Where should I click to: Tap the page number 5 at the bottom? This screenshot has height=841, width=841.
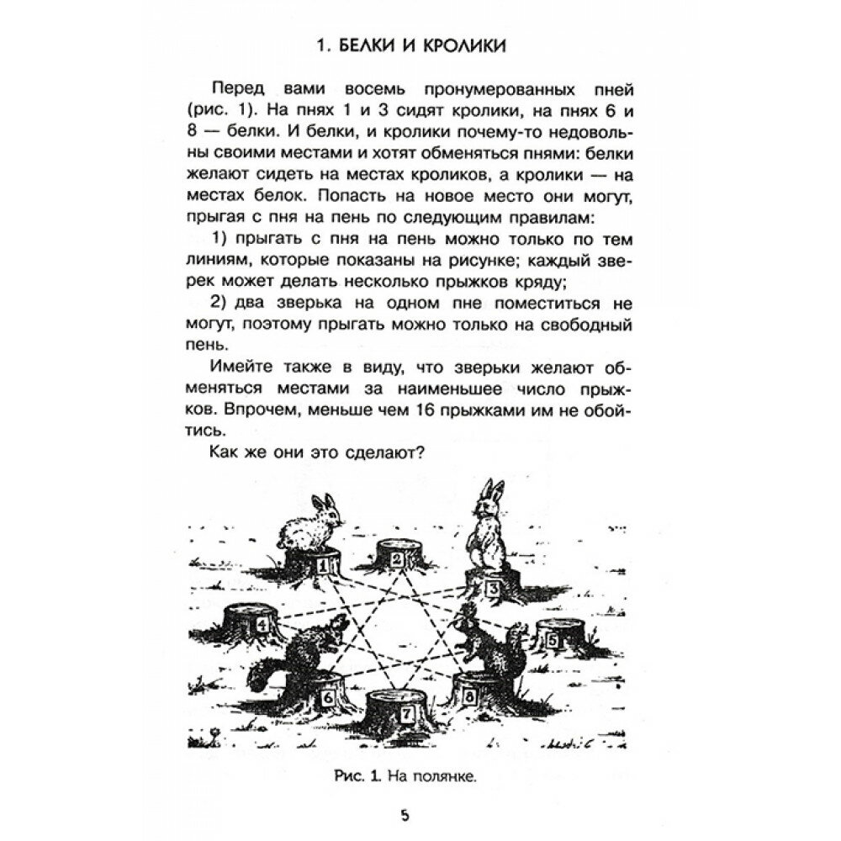[x=405, y=816]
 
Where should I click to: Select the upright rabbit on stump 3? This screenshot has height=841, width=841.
[x=486, y=526]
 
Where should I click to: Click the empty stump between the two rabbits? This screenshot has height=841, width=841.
[x=401, y=554]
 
